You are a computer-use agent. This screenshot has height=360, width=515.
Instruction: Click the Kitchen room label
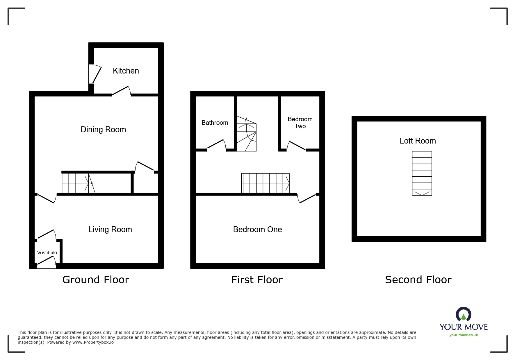pos(126,71)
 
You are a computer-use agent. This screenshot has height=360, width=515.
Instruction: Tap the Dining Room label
pos(103,130)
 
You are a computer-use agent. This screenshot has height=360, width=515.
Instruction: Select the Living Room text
pos(110,230)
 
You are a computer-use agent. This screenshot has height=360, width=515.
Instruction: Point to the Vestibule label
pos(47,253)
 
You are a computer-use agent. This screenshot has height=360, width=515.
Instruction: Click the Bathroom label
pos(215,123)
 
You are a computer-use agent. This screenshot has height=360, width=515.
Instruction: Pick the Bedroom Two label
pos(300,123)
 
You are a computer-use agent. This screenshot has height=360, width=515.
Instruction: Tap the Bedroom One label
pos(257,230)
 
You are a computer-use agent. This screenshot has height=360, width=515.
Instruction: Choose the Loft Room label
pos(418,141)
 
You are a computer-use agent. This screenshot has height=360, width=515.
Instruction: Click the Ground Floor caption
pos(95,280)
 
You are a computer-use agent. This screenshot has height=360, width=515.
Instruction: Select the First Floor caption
pos(257,280)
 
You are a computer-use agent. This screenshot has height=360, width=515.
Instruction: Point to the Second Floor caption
pos(418,280)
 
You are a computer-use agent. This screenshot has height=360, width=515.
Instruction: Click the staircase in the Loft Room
pos(422,173)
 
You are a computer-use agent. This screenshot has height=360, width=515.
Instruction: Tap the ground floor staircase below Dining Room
pos(78,183)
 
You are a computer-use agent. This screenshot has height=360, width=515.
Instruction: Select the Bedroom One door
pos(306,198)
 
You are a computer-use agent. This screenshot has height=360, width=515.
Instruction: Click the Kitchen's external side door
pos(95,74)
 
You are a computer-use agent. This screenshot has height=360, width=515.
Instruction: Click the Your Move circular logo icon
pos(463,315)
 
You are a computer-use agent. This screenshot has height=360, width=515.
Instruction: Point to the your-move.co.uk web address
pos(464,335)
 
